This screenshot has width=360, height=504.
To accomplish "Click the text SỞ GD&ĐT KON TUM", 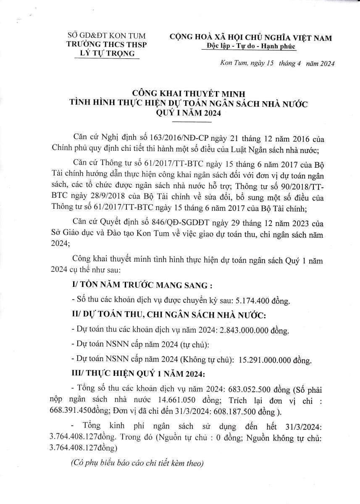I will [x=104, y=36].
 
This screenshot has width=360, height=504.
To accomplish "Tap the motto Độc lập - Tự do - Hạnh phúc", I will [x=249, y=46].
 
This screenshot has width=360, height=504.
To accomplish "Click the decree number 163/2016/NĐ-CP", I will [x=166, y=139].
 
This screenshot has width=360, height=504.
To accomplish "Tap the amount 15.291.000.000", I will [x=265, y=360].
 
